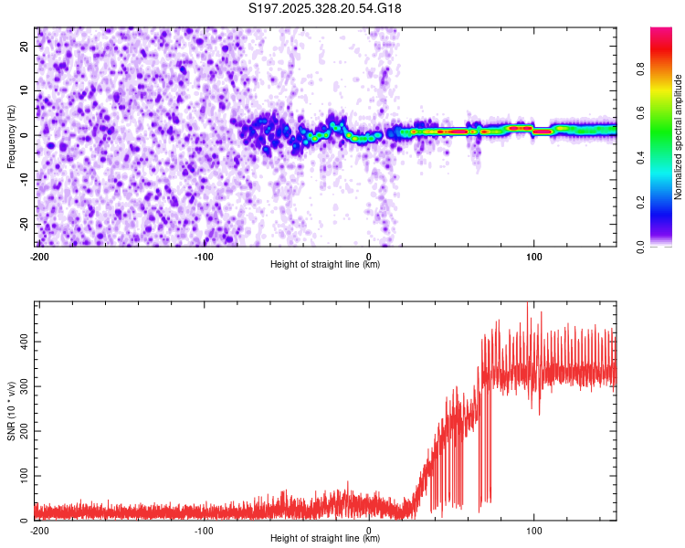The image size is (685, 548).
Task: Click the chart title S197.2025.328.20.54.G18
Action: [325, 9]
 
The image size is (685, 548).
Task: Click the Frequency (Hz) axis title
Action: [11, 136]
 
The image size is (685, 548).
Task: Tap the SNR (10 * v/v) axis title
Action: [11, 411]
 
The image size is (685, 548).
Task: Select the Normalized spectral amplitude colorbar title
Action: [679, 138]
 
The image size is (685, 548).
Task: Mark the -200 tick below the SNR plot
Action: [39, 530]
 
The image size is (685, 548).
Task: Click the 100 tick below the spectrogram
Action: [534, 256]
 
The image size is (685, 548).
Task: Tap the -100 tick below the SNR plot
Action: [204, 530]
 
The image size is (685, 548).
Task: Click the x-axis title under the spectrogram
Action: [325, 265]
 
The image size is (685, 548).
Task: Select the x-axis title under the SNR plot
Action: [325, 539]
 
